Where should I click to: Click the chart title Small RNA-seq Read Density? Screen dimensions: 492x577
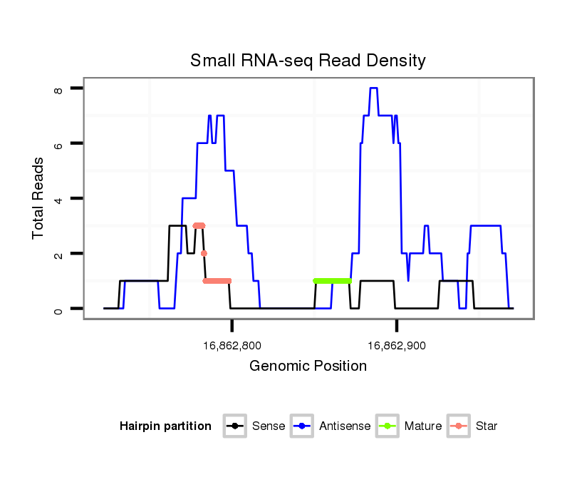pos(308,61)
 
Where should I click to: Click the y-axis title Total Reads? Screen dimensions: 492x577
pos(38,198)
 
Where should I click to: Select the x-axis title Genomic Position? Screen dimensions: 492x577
pos(308,367)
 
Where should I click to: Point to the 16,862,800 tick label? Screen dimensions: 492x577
pos(232,346)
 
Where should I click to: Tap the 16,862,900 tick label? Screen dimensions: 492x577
pos(397,346)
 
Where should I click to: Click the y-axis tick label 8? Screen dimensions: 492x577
pos(58,88)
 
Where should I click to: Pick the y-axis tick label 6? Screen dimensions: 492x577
pos(58,143)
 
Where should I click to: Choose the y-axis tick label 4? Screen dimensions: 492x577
pos(58,198)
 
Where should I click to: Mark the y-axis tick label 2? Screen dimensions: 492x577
pos(58,254)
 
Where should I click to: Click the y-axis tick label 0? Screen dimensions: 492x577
pos(58,309)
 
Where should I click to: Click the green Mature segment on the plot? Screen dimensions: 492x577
pos(333,281)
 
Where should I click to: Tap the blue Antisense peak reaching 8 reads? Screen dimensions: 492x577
pos(373,88)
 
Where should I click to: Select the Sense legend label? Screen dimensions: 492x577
pos(269,426)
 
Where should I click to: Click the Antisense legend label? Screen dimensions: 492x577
pos(345,426)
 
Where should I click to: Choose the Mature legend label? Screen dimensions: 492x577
pos(423,426)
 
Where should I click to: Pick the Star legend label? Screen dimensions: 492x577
pos(487,426)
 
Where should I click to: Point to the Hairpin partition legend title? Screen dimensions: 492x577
pos(165,426)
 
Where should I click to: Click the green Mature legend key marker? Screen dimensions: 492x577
pos(389,426)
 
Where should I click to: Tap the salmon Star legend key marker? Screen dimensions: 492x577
pos(459,426)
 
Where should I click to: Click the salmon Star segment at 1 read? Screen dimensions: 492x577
pos(217,281)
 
